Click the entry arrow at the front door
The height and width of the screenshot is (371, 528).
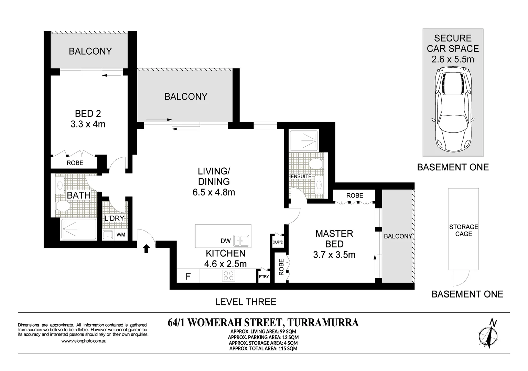[x=146, y=248]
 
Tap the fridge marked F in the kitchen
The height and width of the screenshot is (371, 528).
[x=188, y=276]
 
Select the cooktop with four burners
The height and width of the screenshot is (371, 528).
[x=229, y=276]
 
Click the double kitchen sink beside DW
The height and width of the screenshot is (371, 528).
[x=241, y=241]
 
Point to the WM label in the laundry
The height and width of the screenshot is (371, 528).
[x=121, y=235]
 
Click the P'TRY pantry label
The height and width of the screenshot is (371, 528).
[x=264, y=277]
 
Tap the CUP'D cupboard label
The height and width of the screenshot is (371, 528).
[x=278, y=242]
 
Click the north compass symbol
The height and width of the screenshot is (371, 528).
[x=488, y=334]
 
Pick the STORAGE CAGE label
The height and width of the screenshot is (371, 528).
[x=463, y=230]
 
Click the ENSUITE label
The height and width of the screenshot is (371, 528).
[x=301, y=176]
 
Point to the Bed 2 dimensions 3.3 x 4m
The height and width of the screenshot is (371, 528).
[x=88, y=124]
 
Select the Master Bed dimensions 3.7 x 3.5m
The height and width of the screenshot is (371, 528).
[x=334, y=255]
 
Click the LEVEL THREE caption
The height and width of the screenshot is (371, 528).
[x=246, y=302]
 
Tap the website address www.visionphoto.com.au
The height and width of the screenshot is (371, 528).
[x=84, y=341]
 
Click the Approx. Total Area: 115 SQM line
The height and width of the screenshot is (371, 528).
[x=263, y=348]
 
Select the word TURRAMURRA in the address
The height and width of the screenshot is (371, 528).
[x=323, y=323]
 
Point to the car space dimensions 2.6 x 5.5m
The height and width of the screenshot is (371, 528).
[x=453, y=59]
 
